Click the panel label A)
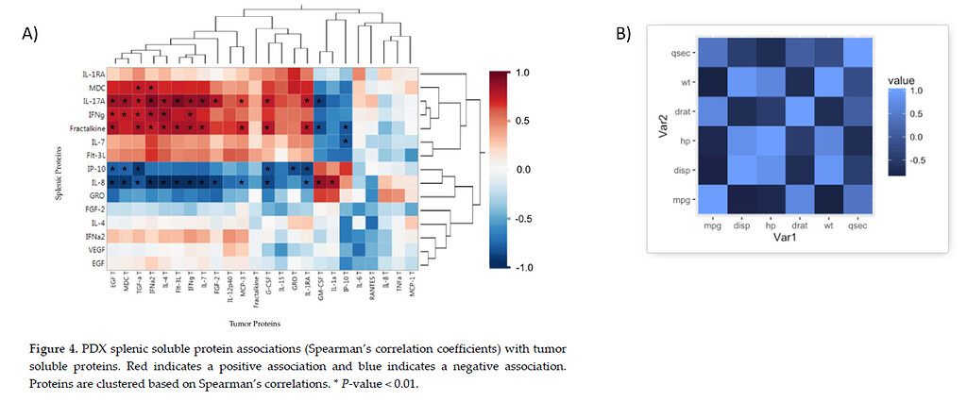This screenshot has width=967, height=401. (x=29, y=35)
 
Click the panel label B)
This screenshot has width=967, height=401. (x=623, y=35)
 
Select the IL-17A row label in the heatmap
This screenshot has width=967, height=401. (x=92, y=100)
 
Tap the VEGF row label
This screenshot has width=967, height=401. (x=94, y=250)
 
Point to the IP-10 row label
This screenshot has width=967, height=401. (x=94, y=168)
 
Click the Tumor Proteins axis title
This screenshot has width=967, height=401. (x=261, y=323)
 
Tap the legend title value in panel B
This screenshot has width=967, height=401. (x=903, y=82)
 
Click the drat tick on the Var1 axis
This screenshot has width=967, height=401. (x=800, y=226)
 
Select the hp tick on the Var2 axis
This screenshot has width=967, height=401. (x=687, y=142)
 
